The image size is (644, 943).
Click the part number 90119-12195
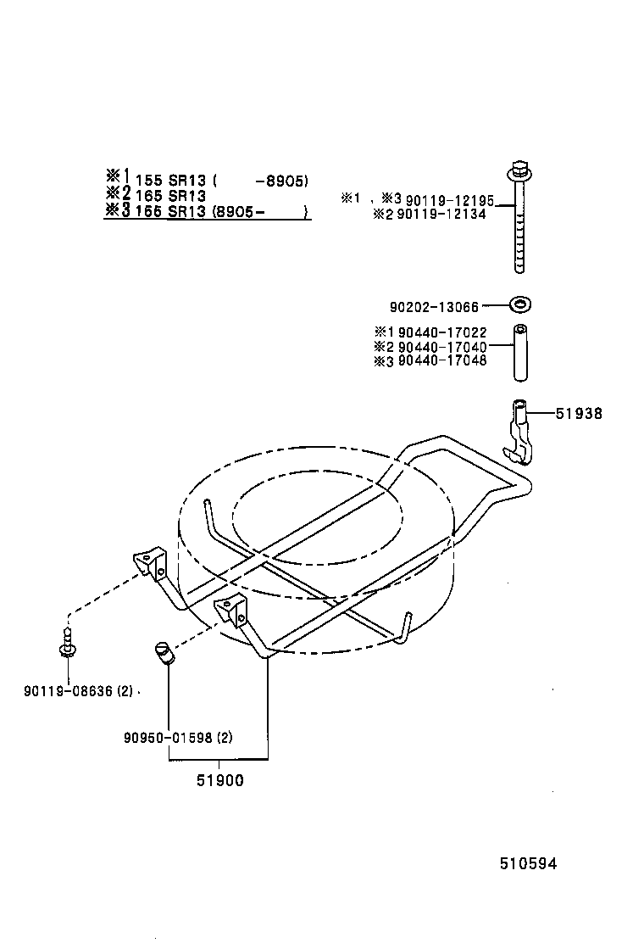coord(449,199)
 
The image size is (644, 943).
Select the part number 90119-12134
coord(449,215)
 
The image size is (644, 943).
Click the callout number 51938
coord(579,414)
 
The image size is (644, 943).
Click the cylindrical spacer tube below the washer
coord(519,353)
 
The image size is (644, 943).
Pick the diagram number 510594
coord(528,864)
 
